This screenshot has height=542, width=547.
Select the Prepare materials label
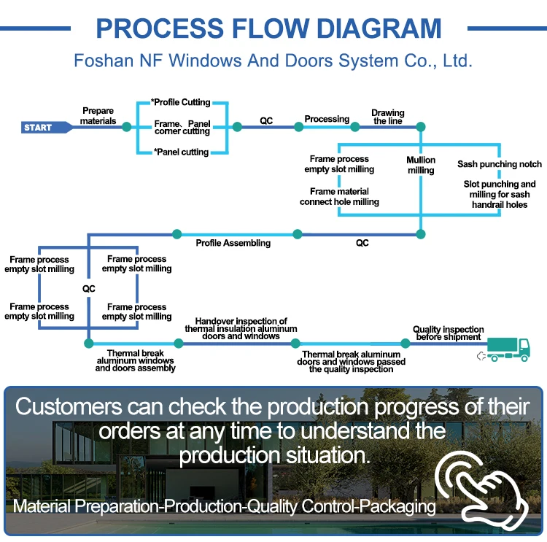click(x=98, y=116)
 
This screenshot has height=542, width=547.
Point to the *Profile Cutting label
click(x=180, y=102)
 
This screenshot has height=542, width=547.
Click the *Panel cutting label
click(x=181, y=152)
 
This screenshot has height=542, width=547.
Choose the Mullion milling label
click(x=421, y=165)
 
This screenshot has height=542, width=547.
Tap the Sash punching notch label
click(x=500, y=164)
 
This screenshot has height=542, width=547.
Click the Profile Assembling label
click(x=233, y=243)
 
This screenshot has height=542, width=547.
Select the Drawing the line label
click(x=388, y=117)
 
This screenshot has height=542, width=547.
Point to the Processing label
click(x=327, y=119)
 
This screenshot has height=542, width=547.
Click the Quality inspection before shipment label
click(x=449, y=333)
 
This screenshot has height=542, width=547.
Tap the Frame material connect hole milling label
click(x=339, y=196)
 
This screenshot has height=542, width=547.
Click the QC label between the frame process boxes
click(x=88, y=289)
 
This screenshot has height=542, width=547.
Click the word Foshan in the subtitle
click(x=104, y=61)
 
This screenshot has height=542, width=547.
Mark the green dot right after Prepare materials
click(x=127, y=127)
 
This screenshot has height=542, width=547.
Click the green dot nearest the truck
click(x=406, y=344)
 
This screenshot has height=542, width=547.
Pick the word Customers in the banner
click(x=69, y=406)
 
